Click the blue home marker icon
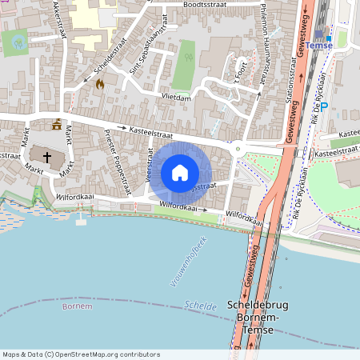point(180,172)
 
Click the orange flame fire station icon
point(100,82)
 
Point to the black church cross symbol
point(47,158)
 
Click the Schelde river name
point(195,305)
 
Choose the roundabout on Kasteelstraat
point(237,148)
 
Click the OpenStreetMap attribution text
point(80,354)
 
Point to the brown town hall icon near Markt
point(57,124)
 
